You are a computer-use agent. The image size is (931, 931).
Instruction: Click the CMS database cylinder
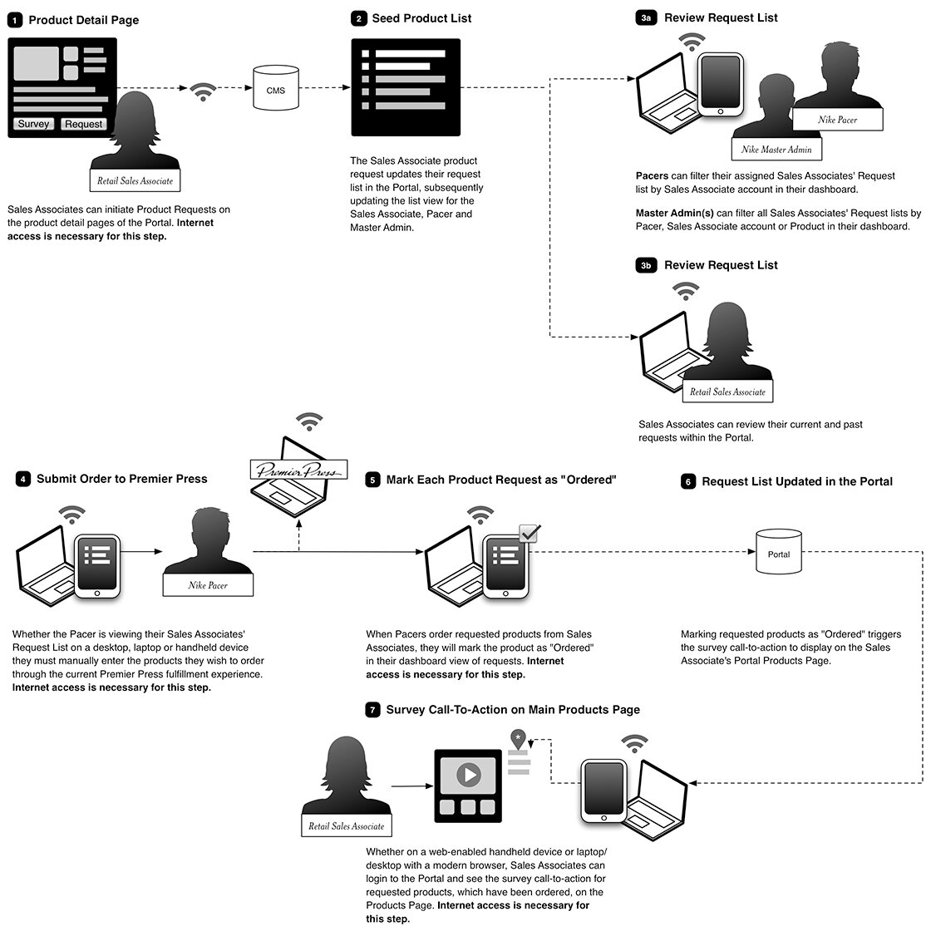[275, 88]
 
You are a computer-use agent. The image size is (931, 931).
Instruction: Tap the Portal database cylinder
[778, 552]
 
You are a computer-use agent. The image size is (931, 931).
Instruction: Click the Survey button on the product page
[33, 124]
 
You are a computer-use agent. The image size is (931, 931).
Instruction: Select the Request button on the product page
[83, 124]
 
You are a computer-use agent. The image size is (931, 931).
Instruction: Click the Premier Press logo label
[298, 469]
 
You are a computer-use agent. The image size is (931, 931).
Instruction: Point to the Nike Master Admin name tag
[776, 150]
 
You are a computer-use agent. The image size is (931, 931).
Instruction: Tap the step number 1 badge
[15, 20]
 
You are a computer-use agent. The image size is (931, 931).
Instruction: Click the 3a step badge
[645, 17]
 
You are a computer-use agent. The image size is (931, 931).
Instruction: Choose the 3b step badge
[645, 265]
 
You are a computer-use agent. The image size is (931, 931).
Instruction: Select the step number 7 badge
[372, 710]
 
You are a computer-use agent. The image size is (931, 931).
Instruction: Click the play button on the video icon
[469, 775]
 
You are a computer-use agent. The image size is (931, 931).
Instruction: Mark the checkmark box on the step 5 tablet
[529, 533]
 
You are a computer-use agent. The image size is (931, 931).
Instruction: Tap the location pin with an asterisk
[519, 739]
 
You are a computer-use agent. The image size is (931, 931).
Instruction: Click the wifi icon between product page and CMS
[203, 91]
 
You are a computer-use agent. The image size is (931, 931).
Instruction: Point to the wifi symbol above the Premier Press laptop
[309, 421]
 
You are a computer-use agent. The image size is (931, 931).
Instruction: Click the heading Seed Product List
[421, 18]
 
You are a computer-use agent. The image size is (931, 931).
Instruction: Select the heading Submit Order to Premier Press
[121, 479]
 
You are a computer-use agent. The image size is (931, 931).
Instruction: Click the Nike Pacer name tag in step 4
[208, 585]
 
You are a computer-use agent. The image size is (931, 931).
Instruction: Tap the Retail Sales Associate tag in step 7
[346, 826]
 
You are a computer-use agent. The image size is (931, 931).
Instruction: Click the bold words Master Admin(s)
[674, 213]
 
